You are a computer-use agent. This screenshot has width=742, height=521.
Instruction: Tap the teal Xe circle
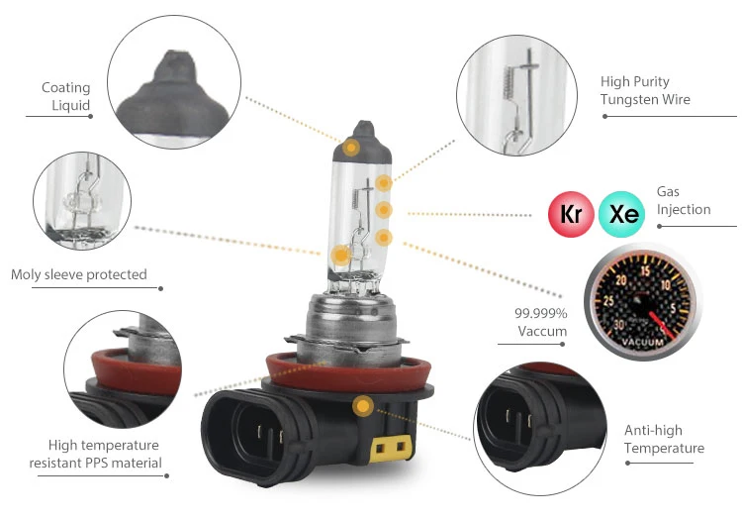click(623, 214)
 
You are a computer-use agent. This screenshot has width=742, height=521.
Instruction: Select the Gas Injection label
click(683, 200)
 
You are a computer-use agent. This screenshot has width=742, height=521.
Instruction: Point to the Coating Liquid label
click(65, 96)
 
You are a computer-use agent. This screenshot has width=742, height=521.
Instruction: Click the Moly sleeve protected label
click(79, 274)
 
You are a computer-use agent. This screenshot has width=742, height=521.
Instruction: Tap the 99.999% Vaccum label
click(540, 322)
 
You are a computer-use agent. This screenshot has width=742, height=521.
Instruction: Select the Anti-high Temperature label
click(664, 440)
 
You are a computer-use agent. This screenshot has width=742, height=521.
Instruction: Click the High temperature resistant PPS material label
click(104, 454)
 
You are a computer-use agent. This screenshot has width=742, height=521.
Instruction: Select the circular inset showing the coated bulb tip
click(174, 83)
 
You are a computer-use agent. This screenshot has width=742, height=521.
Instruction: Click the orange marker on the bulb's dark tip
click(351, 148)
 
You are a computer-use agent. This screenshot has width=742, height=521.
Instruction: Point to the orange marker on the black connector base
click(363, 405)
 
